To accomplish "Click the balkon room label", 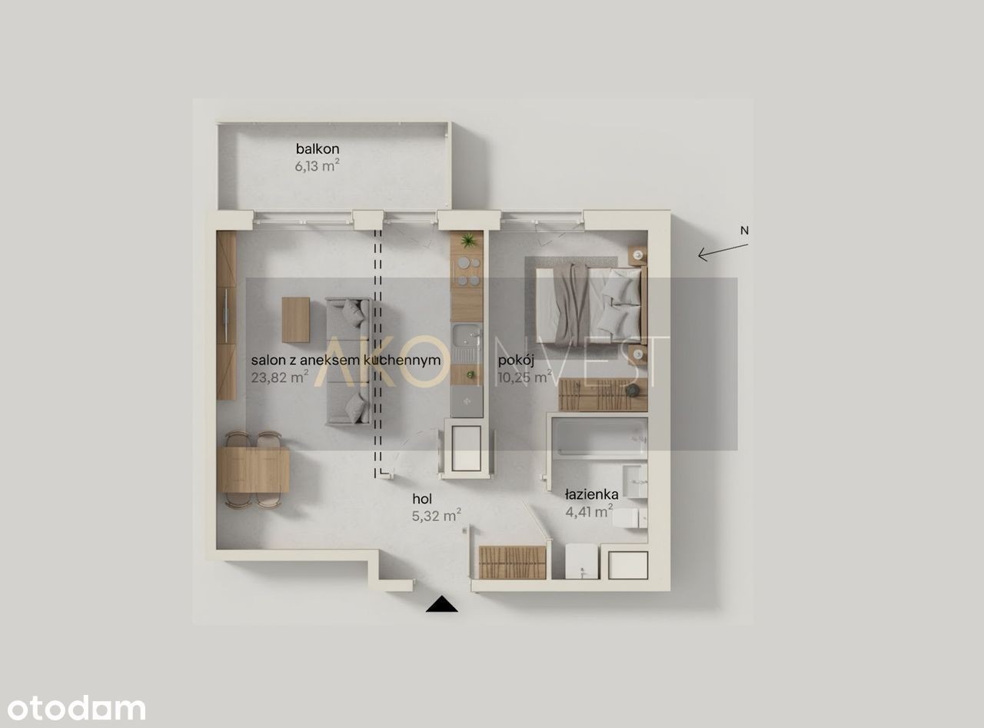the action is (x=317, y=148).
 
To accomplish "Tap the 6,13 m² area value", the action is (x=317, y=166).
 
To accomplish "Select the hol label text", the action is (x=422, y=499).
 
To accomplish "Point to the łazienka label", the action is (x=592, y=494).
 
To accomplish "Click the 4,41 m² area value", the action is (x=589, y=511).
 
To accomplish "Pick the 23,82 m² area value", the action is (x=280, y=377).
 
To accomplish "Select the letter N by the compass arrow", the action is (x=744, y=231).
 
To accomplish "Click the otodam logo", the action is (x=77, y=709).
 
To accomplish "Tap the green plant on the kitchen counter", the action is (x=467, y=241).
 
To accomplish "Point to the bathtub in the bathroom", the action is (x=600, y=438).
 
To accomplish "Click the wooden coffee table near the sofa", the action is (x=295, y=320).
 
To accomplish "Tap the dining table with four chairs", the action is (x=254, y=470).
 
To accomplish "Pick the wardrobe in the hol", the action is (x=513, y=562).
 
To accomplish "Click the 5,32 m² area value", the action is (x=437, y=516).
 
